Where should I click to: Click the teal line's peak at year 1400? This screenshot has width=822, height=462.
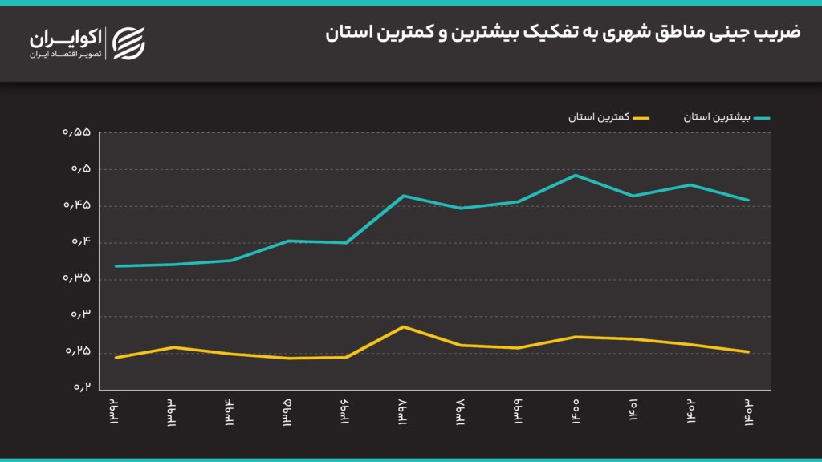pos(576,175)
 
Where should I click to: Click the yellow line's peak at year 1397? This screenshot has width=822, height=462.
pos(404,326)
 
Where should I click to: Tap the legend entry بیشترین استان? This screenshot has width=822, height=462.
pos(726,117)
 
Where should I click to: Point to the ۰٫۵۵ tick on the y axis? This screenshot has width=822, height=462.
pos(77,133)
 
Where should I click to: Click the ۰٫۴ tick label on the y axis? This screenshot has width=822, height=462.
pos(80,242)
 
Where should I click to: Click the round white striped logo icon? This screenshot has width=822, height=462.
pos(128,43)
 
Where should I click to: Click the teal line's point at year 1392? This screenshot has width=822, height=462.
pos(116,266)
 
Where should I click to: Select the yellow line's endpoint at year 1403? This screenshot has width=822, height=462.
pos(748,351)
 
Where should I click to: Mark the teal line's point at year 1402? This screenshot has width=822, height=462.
pos(690,184)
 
